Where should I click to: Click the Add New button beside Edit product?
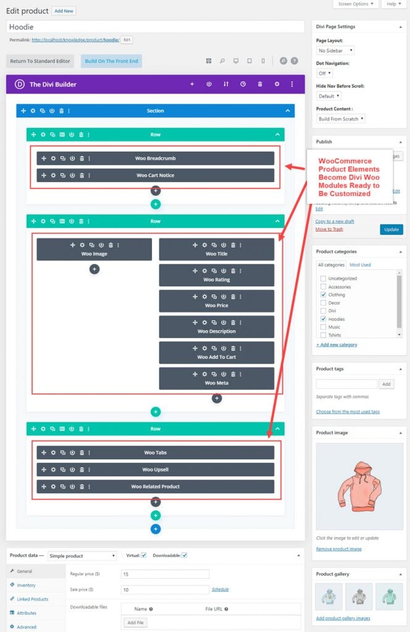(64, 11)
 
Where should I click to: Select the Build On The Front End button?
(111, 61)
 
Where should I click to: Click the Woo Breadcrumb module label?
(155, 159)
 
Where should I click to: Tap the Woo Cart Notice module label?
(155, 175)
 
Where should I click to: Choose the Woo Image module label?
(94, 254)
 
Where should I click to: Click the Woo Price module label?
(216, 306)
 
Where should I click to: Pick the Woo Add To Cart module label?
(216, 357)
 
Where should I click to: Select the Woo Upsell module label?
(155, 470)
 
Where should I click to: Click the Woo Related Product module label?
(155, 486)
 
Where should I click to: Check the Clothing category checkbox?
(323, 295)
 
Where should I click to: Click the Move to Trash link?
(329, 230)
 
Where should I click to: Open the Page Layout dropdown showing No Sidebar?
(335, 51)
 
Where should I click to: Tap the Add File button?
(135, 623)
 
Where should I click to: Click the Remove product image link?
(338, 549)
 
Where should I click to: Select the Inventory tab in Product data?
(26, 585)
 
